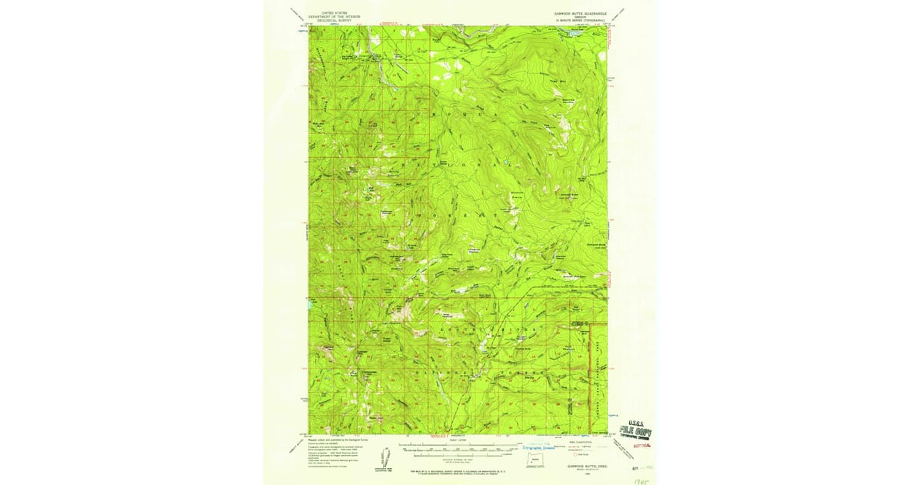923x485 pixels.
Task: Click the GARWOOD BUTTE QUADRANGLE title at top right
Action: pyautogui.click(x=581, y=13)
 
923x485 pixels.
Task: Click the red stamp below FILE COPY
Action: pyautogui.click(x=640, y=445)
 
